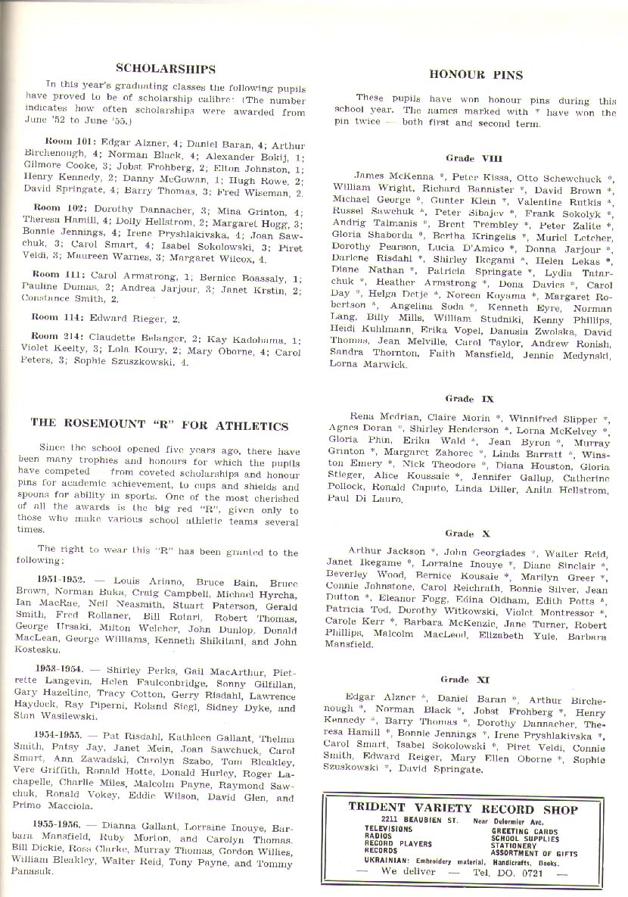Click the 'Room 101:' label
click(x=68, y=141)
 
